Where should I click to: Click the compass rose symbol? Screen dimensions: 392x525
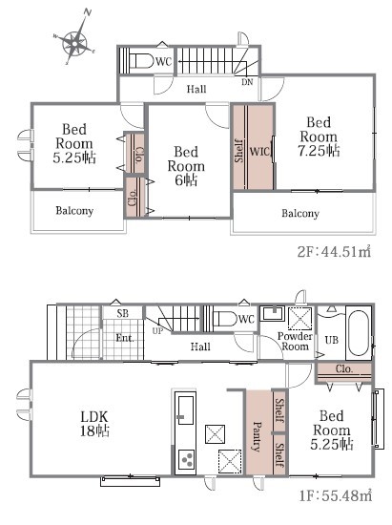(75, 42)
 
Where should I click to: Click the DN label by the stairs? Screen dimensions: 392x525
(247, 82)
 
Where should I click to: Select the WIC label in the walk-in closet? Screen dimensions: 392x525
(259, 152)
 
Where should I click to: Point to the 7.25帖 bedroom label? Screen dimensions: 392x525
(320, 136)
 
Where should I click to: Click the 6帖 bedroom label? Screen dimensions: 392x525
(186, 166)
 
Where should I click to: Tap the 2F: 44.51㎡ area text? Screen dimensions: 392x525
(334, 251)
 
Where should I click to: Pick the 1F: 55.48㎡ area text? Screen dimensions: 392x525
(335, 495)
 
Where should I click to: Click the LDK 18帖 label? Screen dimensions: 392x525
(94, 424)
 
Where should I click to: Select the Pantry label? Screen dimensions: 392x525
(258, 436)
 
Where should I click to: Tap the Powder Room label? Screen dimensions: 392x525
(295, 341)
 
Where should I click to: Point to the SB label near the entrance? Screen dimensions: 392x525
(123, 313)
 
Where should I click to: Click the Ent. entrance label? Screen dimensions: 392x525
(125, 338)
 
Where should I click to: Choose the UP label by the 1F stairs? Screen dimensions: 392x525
(157, 331)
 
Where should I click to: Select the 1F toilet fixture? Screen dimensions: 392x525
(224, 319)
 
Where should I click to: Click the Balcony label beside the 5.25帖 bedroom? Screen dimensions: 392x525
(74, 211)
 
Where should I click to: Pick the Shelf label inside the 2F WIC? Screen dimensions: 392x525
(239, 151)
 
